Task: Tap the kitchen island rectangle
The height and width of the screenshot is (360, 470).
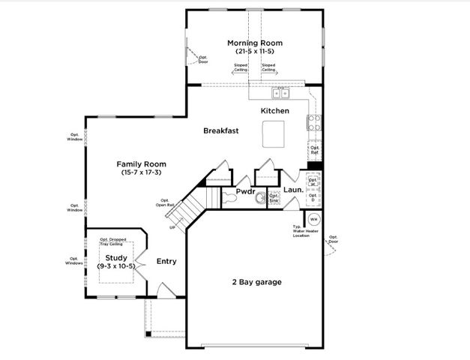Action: [274, 135]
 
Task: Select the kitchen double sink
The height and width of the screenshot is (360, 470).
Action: [280, 93]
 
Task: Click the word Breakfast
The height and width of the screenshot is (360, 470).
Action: [221, 130]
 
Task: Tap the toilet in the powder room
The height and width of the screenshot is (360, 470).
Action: [259, 198]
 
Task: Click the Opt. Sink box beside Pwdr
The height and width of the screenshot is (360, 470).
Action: [274, 199]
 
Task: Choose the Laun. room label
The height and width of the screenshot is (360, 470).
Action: [293, 190]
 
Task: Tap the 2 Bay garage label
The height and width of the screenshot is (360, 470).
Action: [256, 282]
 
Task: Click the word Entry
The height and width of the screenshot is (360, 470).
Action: [166, 262]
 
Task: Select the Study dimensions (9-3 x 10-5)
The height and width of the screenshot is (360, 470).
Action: [115, 266]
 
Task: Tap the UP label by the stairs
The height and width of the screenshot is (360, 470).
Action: [172, 226]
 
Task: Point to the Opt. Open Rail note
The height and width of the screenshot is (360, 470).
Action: [166, 202]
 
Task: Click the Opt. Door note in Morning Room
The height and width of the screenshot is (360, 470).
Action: [202, 59]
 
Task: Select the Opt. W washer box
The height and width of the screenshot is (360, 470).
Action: [313, 182]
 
